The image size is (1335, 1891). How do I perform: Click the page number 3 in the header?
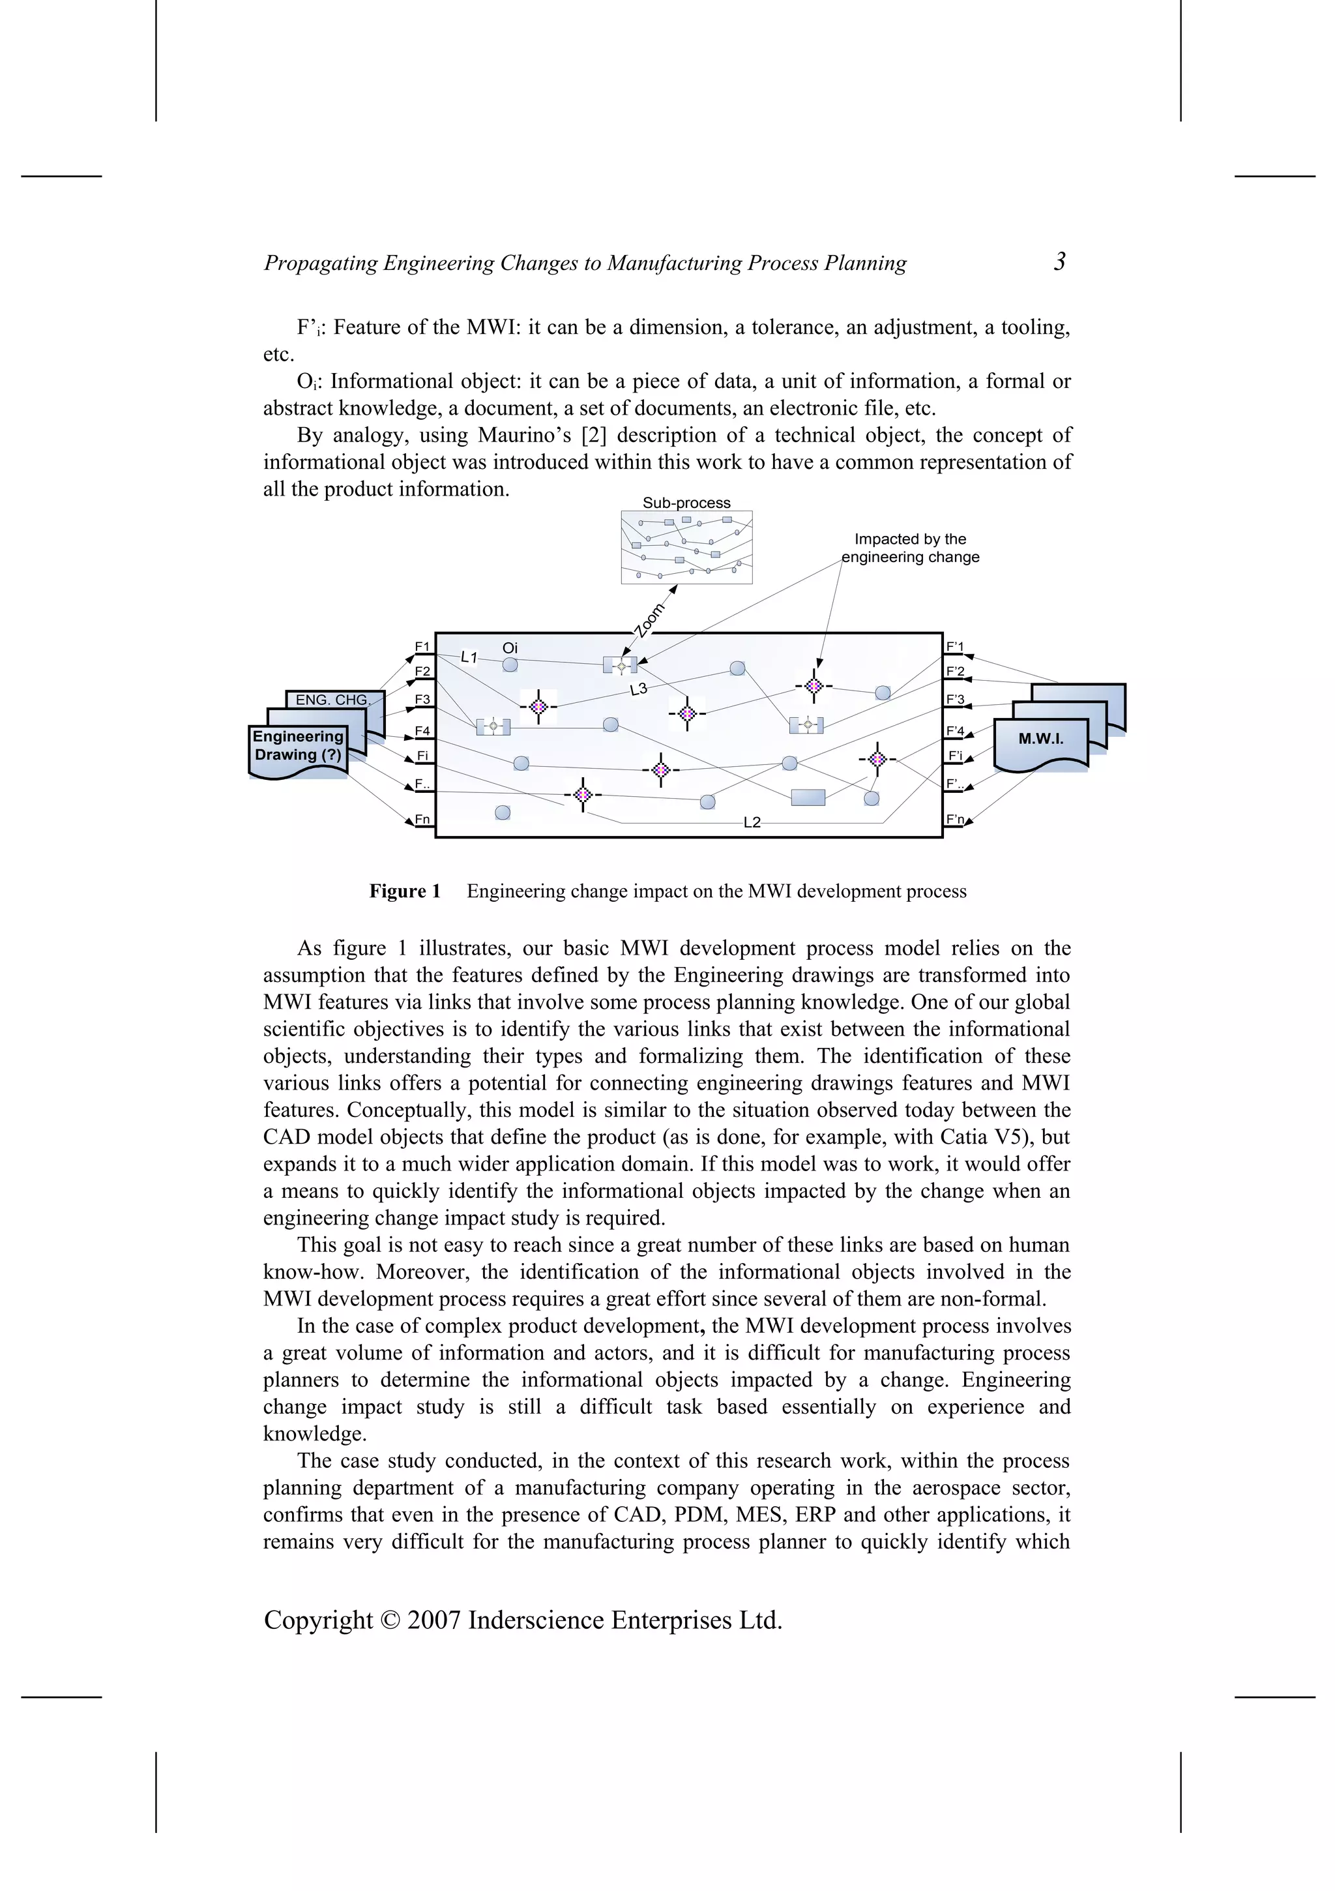click(1060, 262)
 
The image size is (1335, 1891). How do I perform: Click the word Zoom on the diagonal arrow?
click(650, 619)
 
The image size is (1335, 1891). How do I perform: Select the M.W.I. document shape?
click(1041, 739)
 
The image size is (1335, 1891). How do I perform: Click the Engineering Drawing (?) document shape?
click(297, 746)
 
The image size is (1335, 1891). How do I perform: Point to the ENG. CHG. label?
click(331, 699)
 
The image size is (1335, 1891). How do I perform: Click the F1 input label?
click(422, 647)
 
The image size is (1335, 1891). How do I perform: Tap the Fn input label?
click(422, 818)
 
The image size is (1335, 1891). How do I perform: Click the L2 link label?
click(752, 822)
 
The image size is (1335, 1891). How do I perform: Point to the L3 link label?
click(639, 689)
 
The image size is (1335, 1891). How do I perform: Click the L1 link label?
click(469, 657)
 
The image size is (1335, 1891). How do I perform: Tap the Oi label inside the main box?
click(510, 648)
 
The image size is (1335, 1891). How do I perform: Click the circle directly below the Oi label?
click(510, 664)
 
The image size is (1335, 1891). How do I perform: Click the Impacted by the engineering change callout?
click(910, 548)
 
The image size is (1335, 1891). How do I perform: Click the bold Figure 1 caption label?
click(404, 891)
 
